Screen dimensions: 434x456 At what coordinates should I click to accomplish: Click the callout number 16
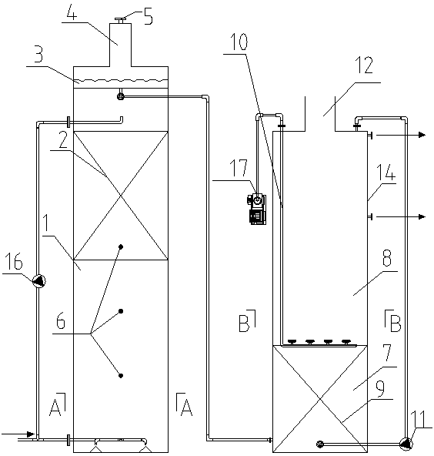14,262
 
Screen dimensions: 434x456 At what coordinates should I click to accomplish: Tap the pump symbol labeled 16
38,281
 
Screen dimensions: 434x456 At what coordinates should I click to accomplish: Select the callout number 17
239,168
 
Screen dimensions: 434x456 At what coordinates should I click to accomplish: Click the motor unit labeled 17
257,208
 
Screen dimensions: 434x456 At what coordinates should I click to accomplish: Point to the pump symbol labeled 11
406,444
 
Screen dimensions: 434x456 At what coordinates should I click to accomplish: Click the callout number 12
364,65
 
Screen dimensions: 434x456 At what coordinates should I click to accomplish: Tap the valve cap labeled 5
120,20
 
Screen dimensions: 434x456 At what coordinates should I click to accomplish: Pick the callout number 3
38,55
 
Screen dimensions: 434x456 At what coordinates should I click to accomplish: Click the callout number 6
61,321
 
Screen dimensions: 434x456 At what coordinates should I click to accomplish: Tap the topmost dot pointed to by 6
121,247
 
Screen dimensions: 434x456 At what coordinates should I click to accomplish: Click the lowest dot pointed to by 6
121,376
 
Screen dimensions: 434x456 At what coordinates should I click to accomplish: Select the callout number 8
387,258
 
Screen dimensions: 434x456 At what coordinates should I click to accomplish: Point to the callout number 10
239,42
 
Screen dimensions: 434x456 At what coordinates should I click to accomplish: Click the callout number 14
386,173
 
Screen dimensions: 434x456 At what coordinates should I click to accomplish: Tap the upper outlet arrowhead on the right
422,135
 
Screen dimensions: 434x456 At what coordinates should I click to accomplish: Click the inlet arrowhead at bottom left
31,434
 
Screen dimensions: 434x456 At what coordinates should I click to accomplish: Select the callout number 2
63,140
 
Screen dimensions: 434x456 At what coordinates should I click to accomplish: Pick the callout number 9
380,388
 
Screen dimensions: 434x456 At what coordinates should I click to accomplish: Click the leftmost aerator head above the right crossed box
292,342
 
